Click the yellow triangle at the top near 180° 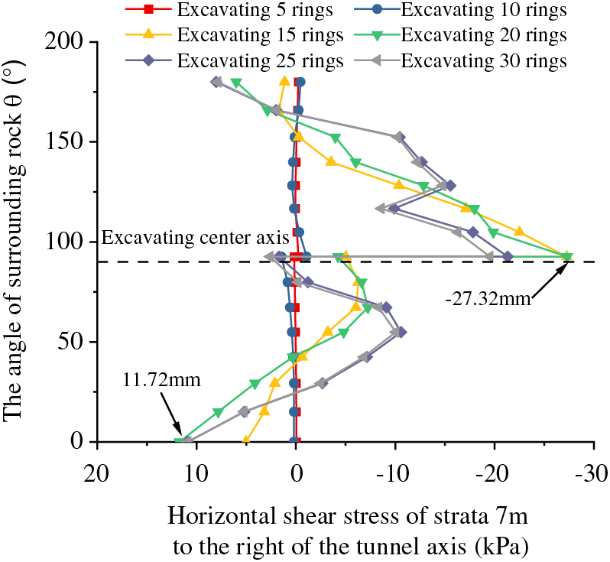coord(285,81)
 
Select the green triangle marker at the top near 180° coord(236,83)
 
